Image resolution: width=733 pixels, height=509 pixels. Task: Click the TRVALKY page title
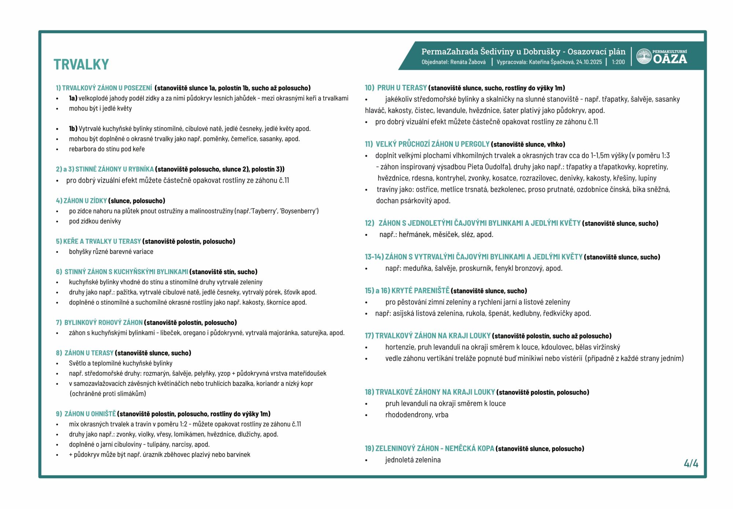click(x=81, y=64)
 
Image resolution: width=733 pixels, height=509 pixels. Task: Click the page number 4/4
click(x=691, y=464)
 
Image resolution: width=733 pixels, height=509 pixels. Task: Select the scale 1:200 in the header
click(x=618, y=62)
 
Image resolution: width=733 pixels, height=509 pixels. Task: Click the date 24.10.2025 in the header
click(x=589, y=62)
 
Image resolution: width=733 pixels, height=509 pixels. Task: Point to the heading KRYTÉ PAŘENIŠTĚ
click(x=420, y=291)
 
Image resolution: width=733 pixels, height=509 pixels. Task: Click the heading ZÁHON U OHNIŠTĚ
click(x=90, y=414)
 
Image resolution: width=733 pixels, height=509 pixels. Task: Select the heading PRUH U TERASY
click(x=402, y=88)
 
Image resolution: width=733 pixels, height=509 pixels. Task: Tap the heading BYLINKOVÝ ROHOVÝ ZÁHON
click(x=103, y=322)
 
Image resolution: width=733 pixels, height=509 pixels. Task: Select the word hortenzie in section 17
click(x=400, y=347)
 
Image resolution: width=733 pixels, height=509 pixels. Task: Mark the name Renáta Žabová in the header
click(x=468, y=62)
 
